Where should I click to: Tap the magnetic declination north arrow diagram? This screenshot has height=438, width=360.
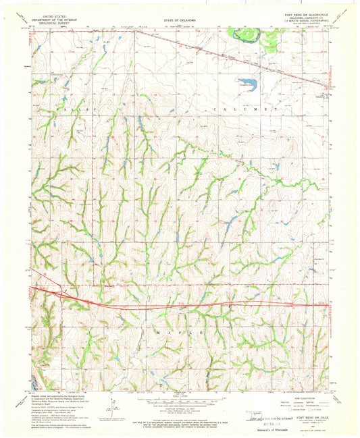tap(112, 409)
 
